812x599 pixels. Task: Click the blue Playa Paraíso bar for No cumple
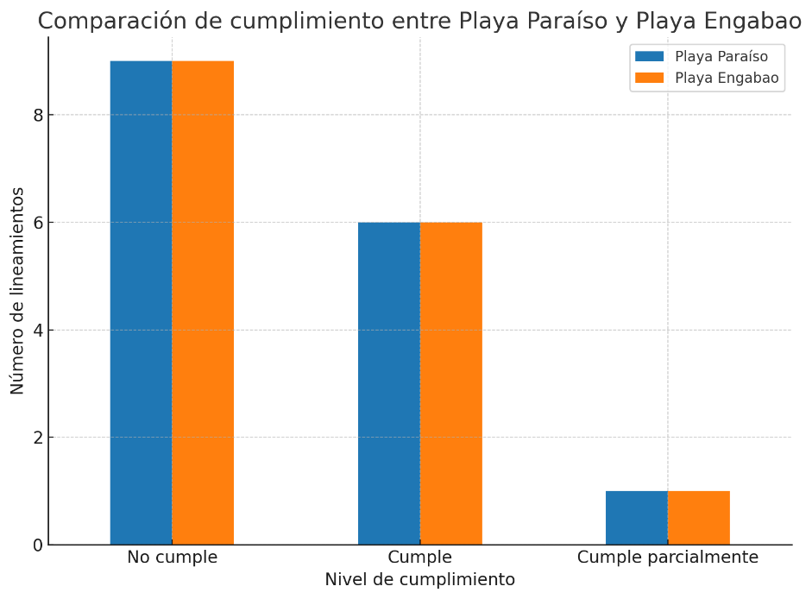click(141, 302)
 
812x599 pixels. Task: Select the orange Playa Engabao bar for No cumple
click(203, 302)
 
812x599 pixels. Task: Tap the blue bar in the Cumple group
click(389, 383)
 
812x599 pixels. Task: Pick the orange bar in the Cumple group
click(451, 383)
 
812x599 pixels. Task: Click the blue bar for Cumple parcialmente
click(637, 518)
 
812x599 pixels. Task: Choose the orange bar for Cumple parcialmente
click(699, 518)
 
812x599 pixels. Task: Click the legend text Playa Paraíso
click(721, 57)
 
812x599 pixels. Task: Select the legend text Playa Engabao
click(727, 79)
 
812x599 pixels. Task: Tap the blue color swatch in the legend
click(650, 57)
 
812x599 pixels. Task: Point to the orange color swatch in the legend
click(650, 79)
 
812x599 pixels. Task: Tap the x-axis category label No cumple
click(172, 558)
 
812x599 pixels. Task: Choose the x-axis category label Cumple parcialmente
click(668, 558)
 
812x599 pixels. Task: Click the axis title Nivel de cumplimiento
click(420, 580)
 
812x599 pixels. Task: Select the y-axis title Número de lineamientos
click(18, 291)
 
